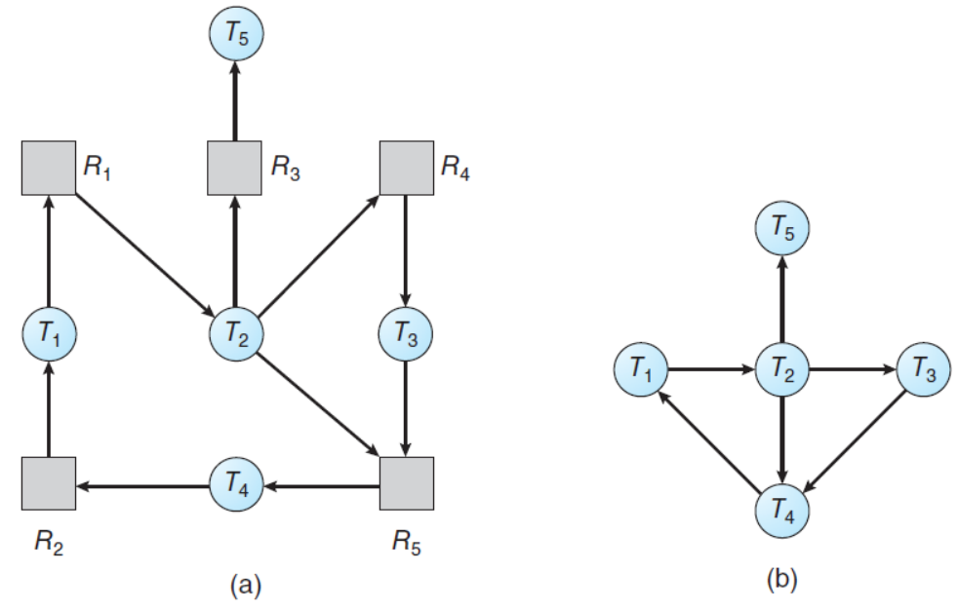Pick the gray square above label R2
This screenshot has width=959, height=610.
pos(49,484)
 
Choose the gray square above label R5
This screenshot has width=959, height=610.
pos(405,484)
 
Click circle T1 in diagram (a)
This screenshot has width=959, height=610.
pos(49,336)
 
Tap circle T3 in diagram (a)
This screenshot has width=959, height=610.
pos(405,336)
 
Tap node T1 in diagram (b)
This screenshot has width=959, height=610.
pos(641,370)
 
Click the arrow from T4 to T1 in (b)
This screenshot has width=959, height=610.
pos(709,438)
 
